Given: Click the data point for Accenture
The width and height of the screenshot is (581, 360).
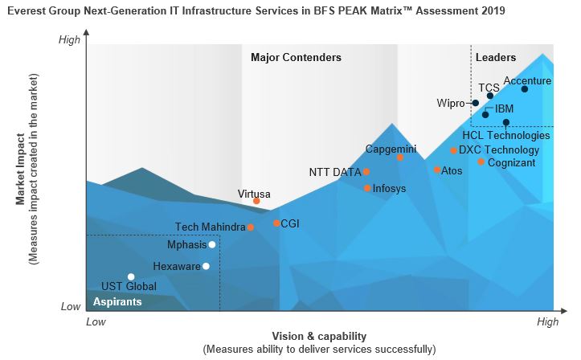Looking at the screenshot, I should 525,89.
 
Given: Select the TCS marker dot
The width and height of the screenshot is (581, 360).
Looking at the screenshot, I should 490,96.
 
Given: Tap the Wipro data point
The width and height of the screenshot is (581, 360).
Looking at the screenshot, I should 476,103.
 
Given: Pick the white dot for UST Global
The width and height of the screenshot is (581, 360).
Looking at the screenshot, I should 132,276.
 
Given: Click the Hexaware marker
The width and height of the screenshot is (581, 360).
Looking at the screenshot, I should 207,266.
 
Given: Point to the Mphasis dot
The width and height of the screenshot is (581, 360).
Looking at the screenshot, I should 212,244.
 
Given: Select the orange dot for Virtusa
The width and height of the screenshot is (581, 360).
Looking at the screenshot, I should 256,201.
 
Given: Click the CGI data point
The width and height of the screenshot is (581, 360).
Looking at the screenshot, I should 276,223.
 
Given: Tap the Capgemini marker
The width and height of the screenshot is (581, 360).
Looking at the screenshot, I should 400,157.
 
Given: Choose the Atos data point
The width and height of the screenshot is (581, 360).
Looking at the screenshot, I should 437,170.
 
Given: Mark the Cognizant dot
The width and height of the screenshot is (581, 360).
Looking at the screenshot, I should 481,162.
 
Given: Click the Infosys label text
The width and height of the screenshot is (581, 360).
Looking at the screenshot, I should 390,189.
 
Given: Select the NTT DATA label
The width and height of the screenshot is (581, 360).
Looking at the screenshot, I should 335,172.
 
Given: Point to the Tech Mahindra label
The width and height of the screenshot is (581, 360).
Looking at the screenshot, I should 210,227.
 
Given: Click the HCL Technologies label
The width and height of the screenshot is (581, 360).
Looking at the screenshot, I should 506,136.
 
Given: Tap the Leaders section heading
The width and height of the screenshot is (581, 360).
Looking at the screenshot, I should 496,57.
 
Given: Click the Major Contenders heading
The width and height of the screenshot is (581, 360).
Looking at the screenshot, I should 296,57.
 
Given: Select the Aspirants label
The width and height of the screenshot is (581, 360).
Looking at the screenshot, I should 117,302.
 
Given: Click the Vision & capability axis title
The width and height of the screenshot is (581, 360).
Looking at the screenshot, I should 320,336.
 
